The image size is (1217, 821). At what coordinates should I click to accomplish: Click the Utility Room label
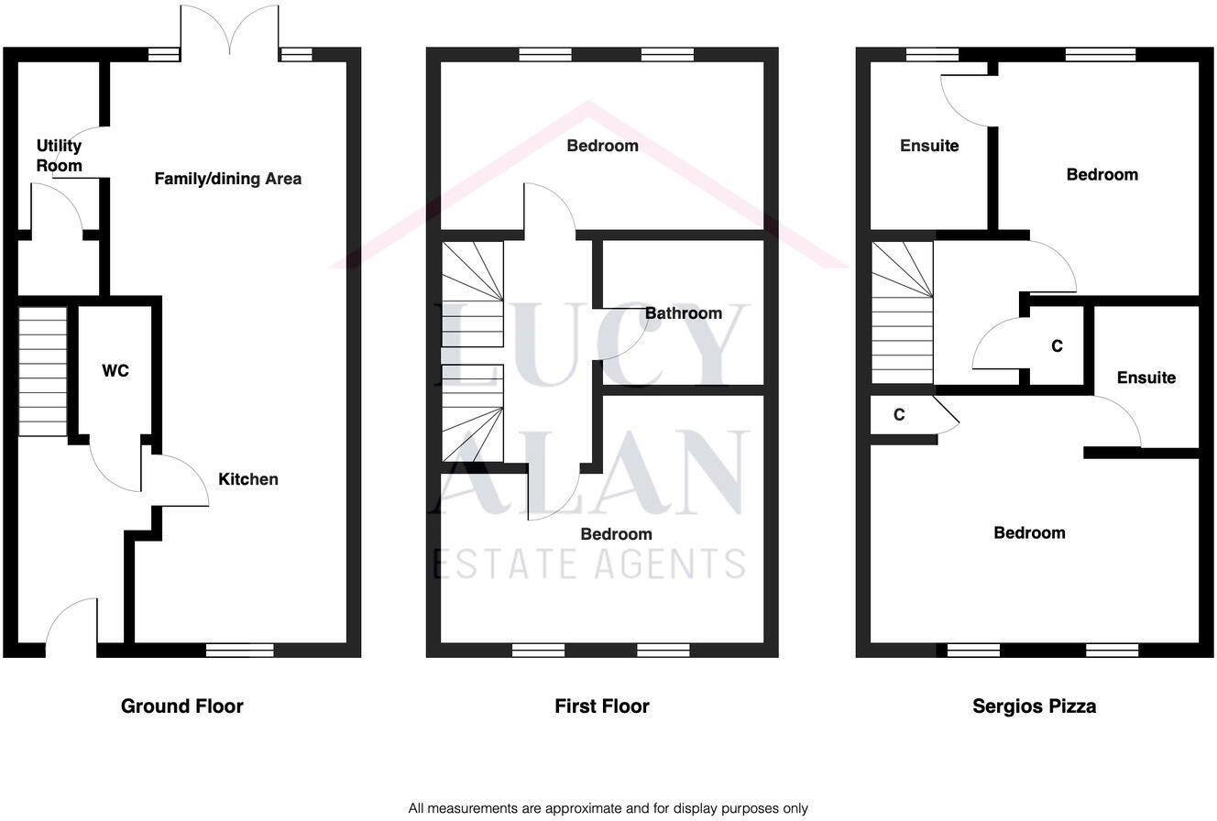coord(60,156)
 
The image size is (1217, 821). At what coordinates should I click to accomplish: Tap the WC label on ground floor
coord(115,371)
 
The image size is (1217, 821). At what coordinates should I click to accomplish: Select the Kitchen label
coord(247,479)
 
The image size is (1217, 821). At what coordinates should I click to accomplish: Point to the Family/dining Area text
coord(227,179)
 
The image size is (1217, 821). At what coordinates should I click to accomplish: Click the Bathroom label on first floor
coord(683,313)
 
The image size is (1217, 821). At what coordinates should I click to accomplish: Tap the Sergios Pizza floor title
coord(1034,706)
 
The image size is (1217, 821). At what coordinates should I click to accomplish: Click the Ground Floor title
coord(182,706)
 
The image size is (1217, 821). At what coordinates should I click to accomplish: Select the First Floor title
coord(602,706)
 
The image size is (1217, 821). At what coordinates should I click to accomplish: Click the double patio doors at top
coord(230,32)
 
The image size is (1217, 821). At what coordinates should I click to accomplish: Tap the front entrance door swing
coord(71,623)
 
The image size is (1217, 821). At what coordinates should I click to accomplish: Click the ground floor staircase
coord(43,371)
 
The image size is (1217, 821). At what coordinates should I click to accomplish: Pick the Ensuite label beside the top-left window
coord(929,146)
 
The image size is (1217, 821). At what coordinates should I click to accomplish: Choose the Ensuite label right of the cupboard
coord(1146,378)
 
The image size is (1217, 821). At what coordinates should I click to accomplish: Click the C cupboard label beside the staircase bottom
coord(899,415)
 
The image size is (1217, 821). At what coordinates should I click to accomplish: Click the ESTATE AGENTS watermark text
coord(588,563)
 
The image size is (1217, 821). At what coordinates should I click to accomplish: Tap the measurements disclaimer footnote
coord(608,808)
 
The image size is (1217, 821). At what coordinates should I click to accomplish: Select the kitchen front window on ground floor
coord(239,650)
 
